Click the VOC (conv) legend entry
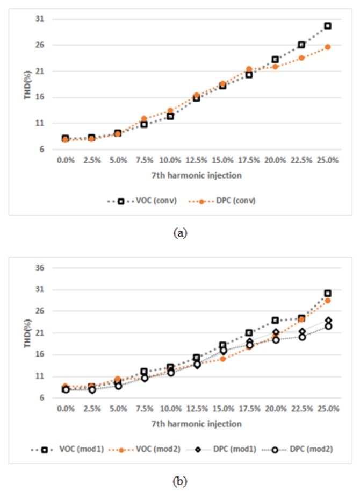(x=142, y=201)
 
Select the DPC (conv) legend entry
(x=222, y=201)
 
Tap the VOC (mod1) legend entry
(x=67, y=450)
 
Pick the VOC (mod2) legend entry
(x=145, y=450)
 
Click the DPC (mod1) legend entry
(x=221, y=450)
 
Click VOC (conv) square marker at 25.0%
(x=328, y=26)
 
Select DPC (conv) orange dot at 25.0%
(x=328, y=47)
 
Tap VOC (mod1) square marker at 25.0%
(x=328, y=294)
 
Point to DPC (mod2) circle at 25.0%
(x=328, y=326)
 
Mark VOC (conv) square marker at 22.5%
(x=301, y=45)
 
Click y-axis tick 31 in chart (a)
(x=40, y=19)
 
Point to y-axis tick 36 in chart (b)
(x=40, y=268)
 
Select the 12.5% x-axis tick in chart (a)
(x=197, y=160)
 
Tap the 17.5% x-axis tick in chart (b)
(x=250, y=409)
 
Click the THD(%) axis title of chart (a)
(x=27, y=85)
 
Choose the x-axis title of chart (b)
(x=197, y=424)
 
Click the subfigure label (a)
(x=180, y=233)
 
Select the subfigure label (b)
(x=180, y=481)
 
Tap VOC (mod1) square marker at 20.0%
(x=275, y=321)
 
